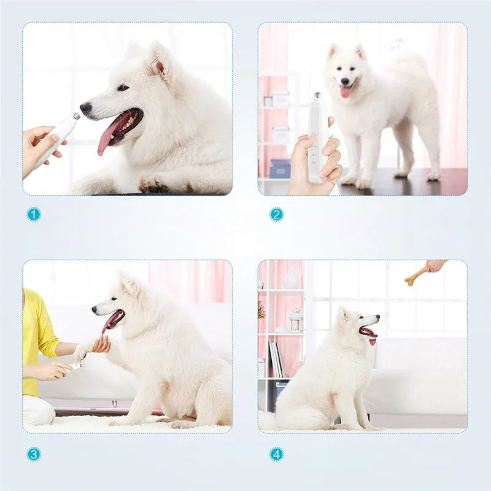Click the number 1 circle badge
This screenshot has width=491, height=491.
tap(34, 215)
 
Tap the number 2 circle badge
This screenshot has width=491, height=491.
tap(277, 215)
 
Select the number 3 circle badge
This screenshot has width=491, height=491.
tap(34, 454)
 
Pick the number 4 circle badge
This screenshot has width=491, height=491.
tap(277, 454)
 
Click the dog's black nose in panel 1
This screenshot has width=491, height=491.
tap(86, 109)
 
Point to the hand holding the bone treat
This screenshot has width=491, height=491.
tap(436, 265)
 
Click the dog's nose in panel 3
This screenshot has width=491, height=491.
tap(95, 309)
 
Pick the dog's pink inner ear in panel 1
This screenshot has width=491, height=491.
tap(158, 67)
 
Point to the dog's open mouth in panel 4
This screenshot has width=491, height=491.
tap(368, 333)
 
